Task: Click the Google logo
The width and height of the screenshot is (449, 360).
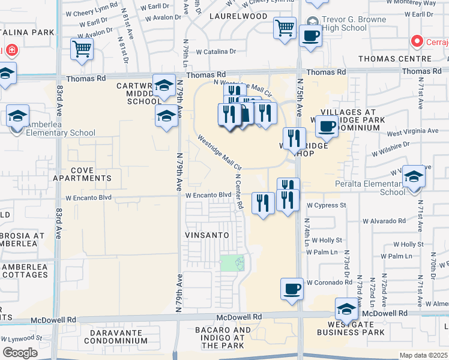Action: pyautogui.click(x=20, y=353)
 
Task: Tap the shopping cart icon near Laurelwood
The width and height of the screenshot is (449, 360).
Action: pyautogui.click(x=284, y=27)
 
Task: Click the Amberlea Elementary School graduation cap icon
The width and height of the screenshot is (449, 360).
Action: pyautogui.click(x=17, y=115)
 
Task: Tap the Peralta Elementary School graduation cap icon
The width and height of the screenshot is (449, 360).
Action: pyautogui.click(x=413, y=176)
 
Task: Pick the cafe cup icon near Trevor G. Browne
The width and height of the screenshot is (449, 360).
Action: pyautogui.click(x=310, y=35)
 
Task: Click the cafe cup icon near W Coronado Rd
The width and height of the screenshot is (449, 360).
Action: pyautogui.click(x=292, y=288)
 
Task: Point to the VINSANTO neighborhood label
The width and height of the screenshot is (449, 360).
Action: pyautogui.click(x=207, y=235)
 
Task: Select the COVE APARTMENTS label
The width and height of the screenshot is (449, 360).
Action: pyautogui.click(x=82, y=174)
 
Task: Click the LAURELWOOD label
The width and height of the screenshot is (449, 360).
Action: pyautogui.click(x=238, y=16)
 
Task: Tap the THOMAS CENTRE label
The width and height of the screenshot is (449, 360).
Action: pyautogui.click(x=408, y=59)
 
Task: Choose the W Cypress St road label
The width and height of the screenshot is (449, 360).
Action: pyautogui.click(x=327, y=205)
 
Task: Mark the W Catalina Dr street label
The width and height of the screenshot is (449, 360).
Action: pyautogui.click(x=216, y=52)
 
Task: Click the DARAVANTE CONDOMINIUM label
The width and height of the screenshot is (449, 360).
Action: pyautogui.click(x=115, y=336)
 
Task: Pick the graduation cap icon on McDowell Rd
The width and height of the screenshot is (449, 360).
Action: pyautogui.click(x=346, y=309)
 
